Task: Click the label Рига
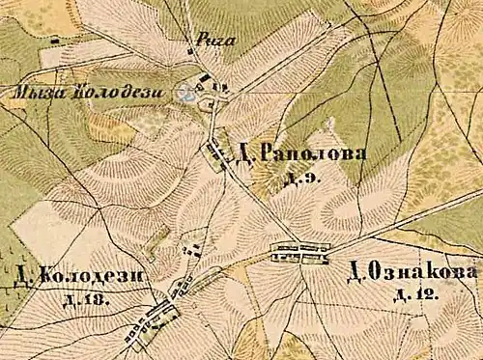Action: (209, 41)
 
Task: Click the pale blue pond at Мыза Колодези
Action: (187, 93)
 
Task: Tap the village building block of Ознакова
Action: (298, 253)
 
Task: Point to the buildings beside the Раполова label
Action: (218, 152)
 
